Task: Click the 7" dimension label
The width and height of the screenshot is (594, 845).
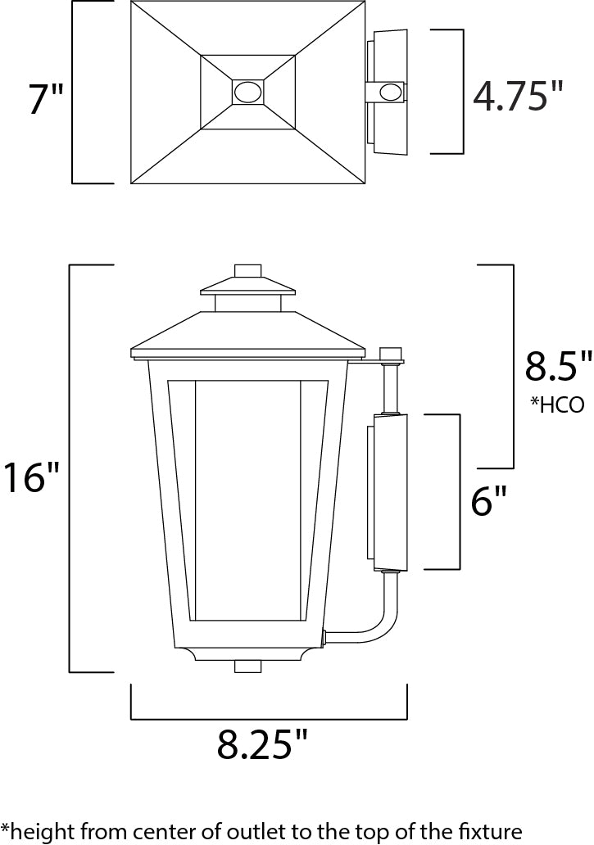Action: (x=46, y=99)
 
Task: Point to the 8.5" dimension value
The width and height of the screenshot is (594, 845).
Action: (x=558, y=367)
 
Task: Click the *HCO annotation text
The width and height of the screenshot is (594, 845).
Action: (x=558, y=405)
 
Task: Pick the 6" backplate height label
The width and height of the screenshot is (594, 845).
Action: (x=489, y=500)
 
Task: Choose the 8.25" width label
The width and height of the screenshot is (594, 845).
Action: (x=262, y=744)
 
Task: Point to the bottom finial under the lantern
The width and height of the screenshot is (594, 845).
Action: (x=247, y=666)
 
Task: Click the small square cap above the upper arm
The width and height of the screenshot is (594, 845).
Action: (x=392, y=354)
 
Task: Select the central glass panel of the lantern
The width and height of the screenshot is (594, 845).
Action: (x=247, y=499)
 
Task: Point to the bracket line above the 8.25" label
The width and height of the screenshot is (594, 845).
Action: (x=269, y=719)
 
